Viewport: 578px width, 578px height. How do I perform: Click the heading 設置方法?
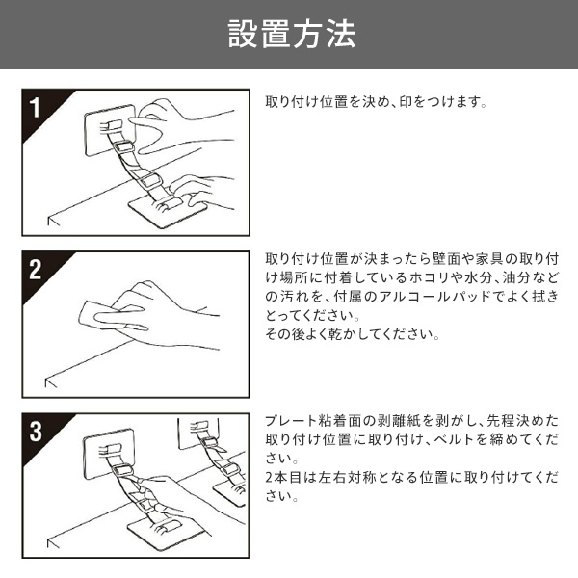coord(292,34)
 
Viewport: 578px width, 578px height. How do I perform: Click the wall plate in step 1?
coord(109,130)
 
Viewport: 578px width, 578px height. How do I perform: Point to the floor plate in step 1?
coord(168,211)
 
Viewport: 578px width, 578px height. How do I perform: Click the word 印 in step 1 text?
coord(406,102)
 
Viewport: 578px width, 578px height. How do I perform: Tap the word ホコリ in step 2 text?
coord(429,278)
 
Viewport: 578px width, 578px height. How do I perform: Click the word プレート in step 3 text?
coord(291,421)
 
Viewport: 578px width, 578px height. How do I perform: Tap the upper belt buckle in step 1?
coord(123,147)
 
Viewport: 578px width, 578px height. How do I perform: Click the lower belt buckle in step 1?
coord(151,180)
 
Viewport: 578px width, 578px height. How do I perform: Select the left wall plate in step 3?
coord(108,454)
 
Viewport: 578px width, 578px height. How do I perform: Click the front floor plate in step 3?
coord(167,534)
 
